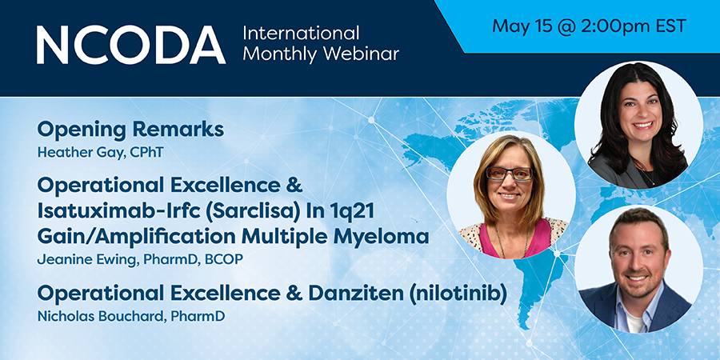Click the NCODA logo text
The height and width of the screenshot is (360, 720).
(x=131, y=45)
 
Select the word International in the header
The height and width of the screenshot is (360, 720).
(x=302, y=33)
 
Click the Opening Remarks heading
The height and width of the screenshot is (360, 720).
(x=130, y=130)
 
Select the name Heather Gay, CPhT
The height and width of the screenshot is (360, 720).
(x=100, y=153)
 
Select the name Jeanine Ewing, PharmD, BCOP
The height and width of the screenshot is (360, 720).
(x=139, y=260)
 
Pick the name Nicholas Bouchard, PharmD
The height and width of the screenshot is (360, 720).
(x=131, y=316)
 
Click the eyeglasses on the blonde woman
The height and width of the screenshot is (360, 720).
(x=510, y=174)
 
